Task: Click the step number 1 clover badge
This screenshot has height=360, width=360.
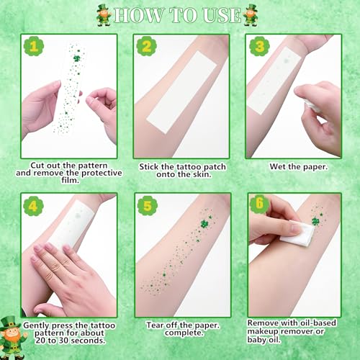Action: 34,46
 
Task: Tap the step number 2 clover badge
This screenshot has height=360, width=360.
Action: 147,46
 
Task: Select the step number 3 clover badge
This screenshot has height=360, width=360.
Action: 259,46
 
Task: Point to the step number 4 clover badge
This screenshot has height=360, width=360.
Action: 33,206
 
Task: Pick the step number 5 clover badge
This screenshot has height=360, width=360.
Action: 148,206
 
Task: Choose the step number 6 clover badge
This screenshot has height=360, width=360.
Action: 260,204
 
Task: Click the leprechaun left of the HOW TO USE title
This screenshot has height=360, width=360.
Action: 104,15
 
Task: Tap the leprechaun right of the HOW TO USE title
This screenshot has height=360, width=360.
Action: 251,15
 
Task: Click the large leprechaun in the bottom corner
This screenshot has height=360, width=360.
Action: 12,338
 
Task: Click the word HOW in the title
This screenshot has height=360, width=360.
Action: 139,15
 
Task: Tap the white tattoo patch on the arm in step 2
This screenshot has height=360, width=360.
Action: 181,92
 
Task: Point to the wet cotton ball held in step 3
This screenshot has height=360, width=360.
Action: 312,107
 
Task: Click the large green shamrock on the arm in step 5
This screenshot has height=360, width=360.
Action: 205,224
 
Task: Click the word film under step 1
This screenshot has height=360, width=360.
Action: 70,180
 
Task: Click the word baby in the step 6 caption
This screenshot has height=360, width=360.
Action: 256,340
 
